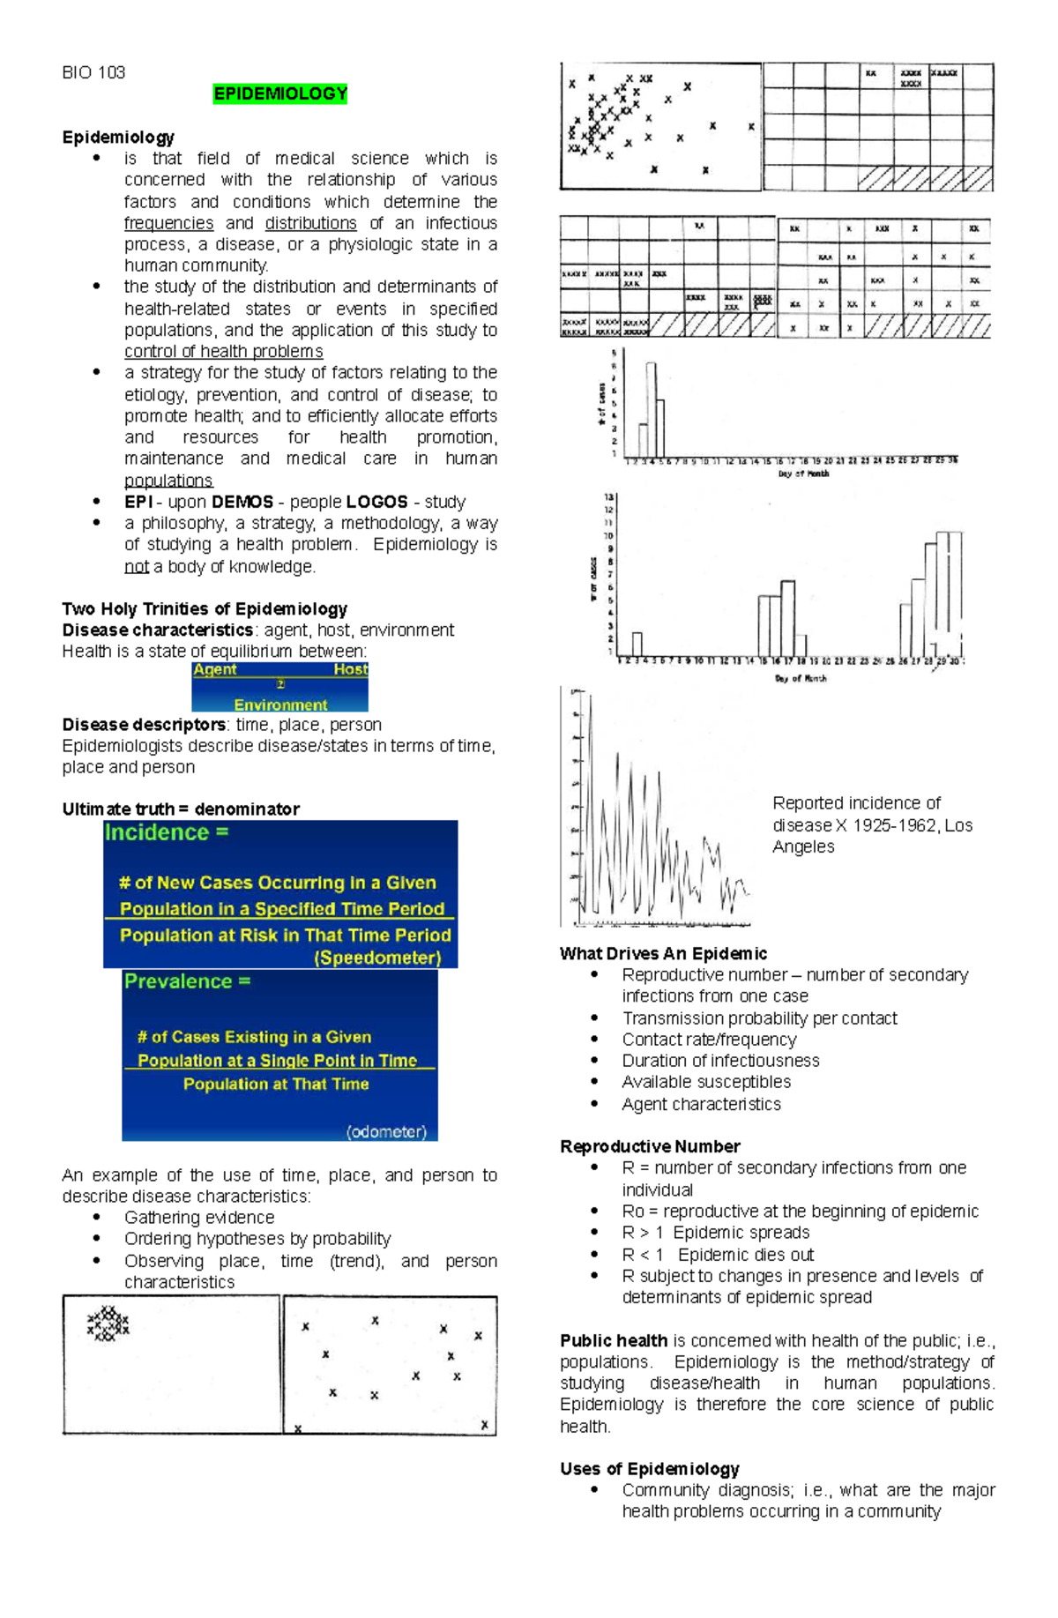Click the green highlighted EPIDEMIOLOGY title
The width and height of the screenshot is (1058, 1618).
coord(280,94)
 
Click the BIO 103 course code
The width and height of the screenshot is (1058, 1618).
coord(93,72)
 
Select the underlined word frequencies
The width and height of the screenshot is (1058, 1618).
coord(168,223)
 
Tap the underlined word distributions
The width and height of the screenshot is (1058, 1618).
coord(310,223)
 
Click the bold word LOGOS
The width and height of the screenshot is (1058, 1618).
coord(376,502)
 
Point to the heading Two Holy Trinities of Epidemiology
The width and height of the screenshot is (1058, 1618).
coord(205,608)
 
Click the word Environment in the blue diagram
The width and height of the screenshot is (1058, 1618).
coord(280,705)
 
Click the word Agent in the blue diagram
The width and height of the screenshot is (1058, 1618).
coord(215,669)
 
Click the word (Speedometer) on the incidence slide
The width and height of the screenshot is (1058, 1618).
coord(377,958)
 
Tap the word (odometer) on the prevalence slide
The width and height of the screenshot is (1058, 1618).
coord(386,1131)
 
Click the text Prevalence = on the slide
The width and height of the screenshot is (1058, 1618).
coord(187,981)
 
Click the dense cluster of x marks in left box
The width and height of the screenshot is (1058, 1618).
coord(108,1323)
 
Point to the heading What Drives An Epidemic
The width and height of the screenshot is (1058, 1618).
coord(663,953)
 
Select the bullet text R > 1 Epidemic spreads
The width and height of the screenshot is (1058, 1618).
coord(715,1232)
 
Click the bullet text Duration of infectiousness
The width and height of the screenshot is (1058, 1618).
coord(720,1060)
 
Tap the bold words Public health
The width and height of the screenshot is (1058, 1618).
coord(613,1340)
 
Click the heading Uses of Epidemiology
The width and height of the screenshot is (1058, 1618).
coord(649,1468)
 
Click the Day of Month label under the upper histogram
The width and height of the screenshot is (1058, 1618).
coord(803,473)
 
